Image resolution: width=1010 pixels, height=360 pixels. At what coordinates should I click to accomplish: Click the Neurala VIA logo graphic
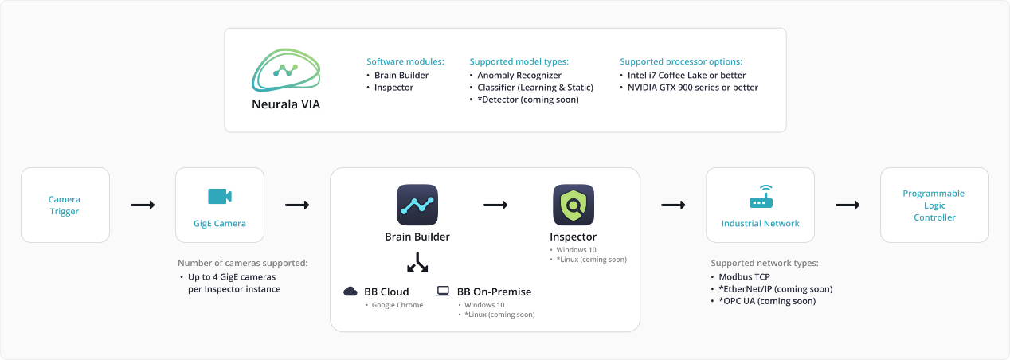[x=286, y=71]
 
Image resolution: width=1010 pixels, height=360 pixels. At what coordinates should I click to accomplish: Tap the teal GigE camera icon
[x=219, y=197]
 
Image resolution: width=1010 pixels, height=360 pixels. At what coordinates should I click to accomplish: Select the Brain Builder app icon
[x=417, y=205]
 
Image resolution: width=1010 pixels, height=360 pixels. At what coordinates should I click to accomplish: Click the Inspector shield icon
[x=574, y=205]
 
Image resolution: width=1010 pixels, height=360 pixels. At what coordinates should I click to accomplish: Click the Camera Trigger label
[x=65, y=205]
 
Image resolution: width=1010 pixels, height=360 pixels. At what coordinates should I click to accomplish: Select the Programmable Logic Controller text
[x=934, y=205]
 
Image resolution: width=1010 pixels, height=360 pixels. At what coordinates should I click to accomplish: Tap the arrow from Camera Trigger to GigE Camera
[x=143, y=205]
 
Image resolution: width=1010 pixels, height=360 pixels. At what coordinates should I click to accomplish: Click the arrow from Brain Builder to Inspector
[x=495, y=205]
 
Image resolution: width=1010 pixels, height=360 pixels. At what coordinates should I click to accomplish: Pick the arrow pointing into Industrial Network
[x=673, y=205]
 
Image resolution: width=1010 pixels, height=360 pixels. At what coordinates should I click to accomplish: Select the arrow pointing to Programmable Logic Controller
[x=848, y=205]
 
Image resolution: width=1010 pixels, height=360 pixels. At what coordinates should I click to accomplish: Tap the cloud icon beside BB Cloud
[x=350, y=292]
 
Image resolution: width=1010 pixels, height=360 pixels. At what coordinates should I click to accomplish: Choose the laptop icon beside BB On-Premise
[x=444, y=292]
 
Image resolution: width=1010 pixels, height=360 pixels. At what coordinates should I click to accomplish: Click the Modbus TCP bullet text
[x=745, y=276]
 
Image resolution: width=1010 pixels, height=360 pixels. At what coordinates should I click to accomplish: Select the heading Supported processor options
[x=681, y=61]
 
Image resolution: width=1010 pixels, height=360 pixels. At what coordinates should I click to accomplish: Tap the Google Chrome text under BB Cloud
[x=397, y=305]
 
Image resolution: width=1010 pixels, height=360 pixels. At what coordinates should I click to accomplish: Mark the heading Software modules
[x=405, y=61]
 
